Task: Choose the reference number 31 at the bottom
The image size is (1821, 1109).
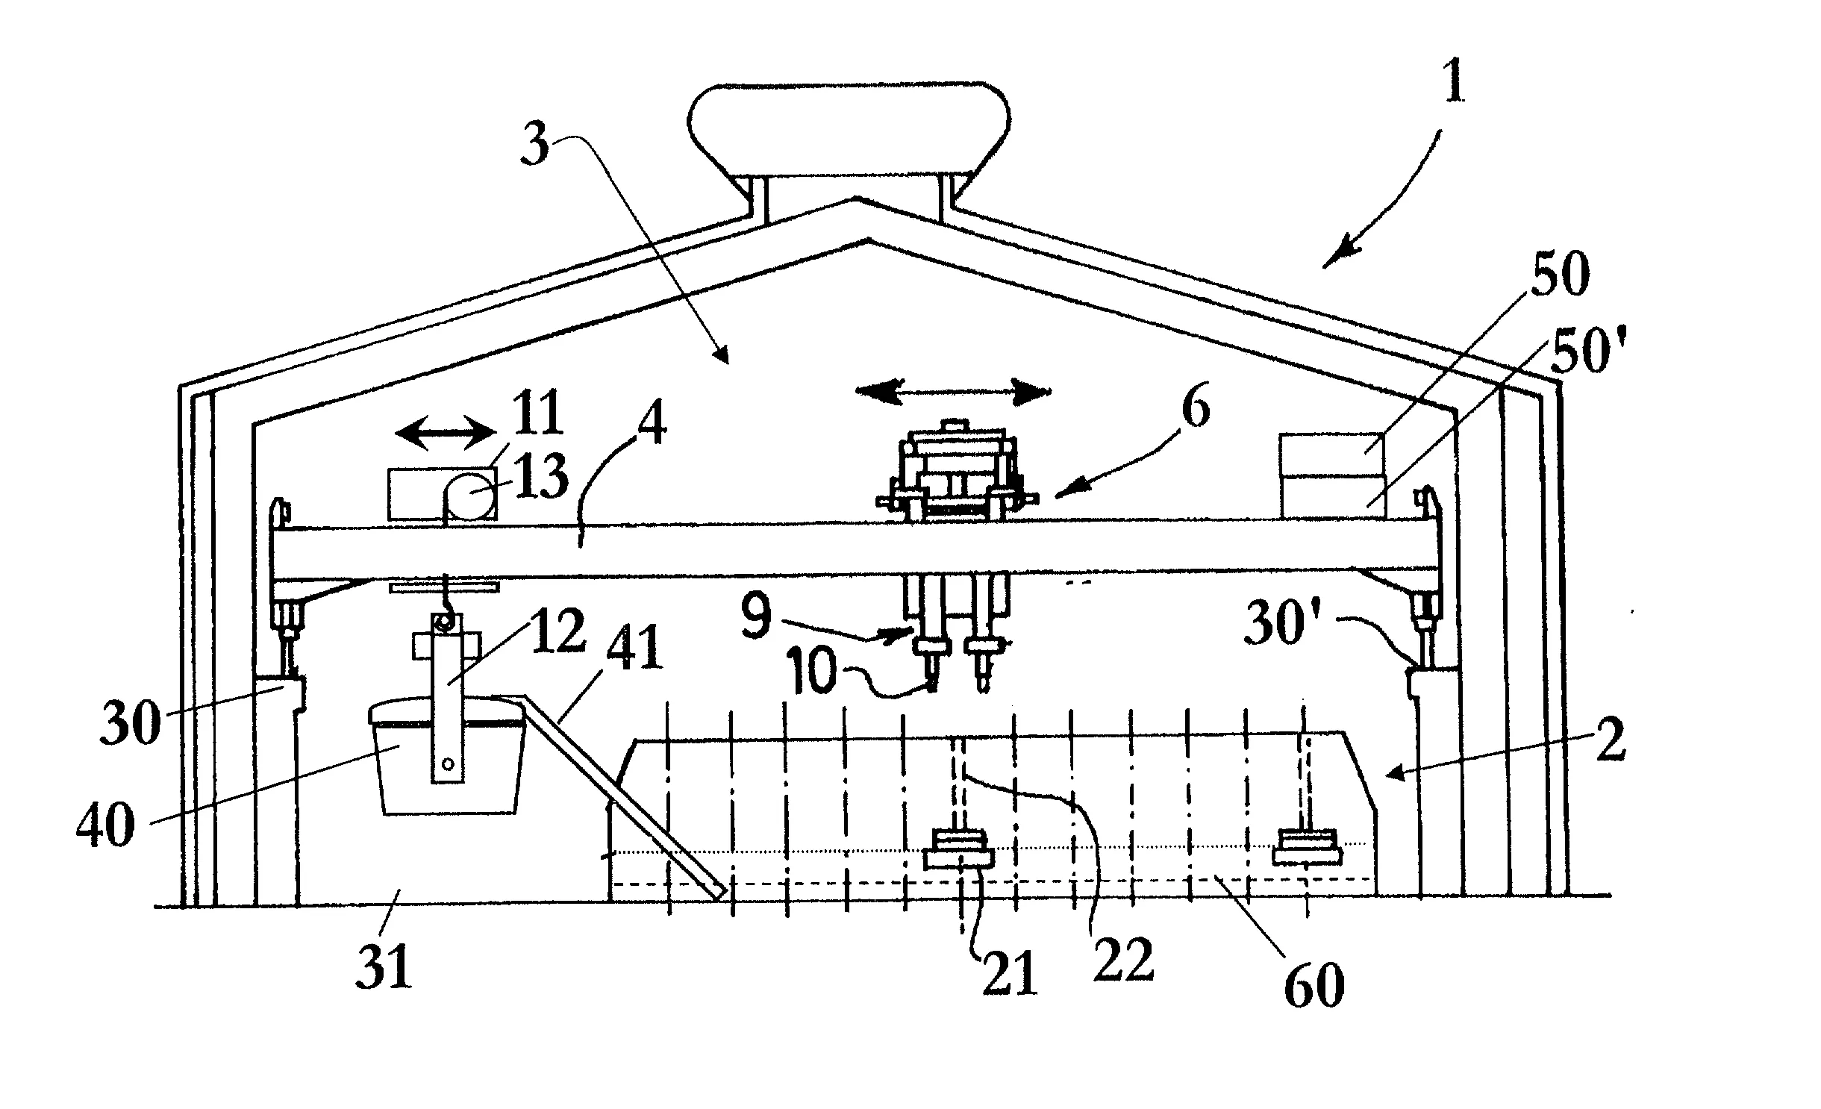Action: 384,969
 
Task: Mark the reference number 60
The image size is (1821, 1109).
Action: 1314,984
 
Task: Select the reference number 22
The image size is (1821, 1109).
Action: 1122,960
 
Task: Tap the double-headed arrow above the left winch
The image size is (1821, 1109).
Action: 445,432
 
